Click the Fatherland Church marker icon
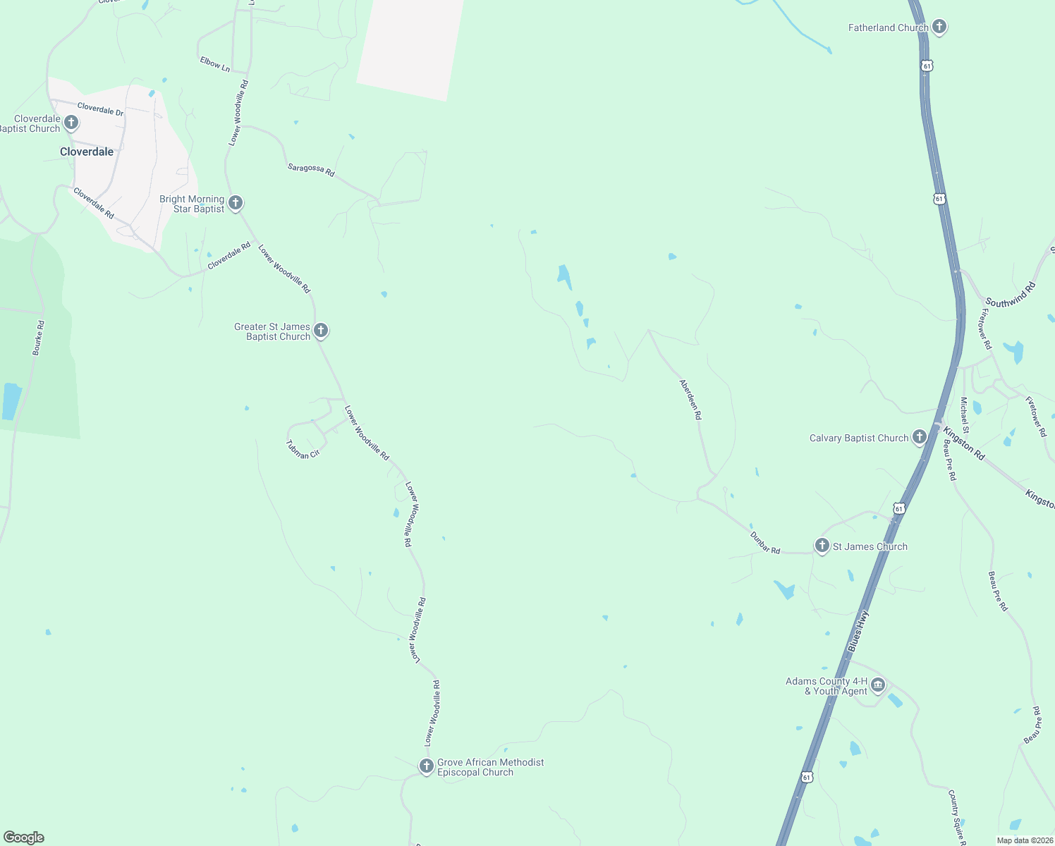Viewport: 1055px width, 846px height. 939,27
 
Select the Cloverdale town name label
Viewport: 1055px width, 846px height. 87,152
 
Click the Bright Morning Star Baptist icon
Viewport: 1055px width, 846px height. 236,203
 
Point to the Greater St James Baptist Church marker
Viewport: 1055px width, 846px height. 321,331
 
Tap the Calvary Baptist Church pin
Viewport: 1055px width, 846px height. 919,438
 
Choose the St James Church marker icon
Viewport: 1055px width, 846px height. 822,546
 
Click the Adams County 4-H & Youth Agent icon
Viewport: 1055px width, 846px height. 878,685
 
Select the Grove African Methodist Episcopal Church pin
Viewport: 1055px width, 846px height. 426,766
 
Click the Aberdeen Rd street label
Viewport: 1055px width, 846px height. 690,400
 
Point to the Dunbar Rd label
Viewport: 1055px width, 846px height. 765,543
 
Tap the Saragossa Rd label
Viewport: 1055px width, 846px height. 311,169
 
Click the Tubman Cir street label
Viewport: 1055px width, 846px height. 303,450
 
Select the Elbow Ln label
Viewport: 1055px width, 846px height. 215,64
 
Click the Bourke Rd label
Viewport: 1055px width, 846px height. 39,338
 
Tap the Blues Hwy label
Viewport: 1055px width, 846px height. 858,631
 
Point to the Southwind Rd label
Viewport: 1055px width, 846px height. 1011,294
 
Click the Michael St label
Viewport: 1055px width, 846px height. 964,415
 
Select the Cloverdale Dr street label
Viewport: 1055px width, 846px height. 100,109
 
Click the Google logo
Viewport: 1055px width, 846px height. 24,838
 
